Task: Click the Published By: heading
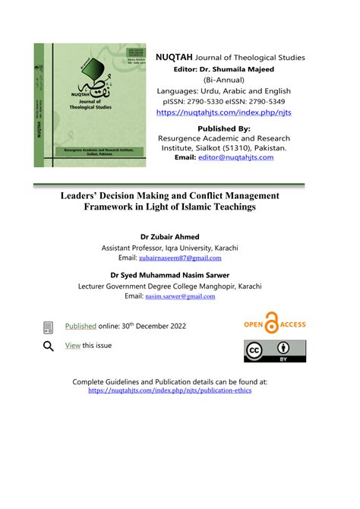coord(223,128)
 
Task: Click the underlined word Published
coord(81,326)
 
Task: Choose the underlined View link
coord(72,346)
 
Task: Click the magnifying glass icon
coord(49,346)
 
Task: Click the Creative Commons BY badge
coord(274,351)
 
